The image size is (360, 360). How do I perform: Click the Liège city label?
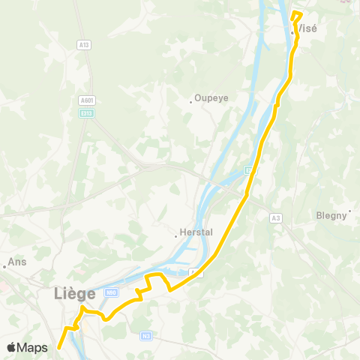(x=75, y=294)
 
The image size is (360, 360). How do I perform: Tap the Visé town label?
(x=307, y=28)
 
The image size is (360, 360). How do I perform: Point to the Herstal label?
(x=198, y=232)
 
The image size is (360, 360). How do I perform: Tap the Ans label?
(x=16, y=263)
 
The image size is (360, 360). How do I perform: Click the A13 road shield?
(x=84, y=45)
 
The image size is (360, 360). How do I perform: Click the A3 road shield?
(x=276, y=217)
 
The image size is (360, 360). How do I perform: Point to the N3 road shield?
(x=146, y=335)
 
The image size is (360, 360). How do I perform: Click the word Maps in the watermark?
(x=34, y=347)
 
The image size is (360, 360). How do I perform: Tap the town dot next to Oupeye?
(x=191, y=102)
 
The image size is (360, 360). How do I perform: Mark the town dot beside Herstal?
(x=176, y=236)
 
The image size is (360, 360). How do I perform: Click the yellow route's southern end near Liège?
(x=58, y=348)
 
